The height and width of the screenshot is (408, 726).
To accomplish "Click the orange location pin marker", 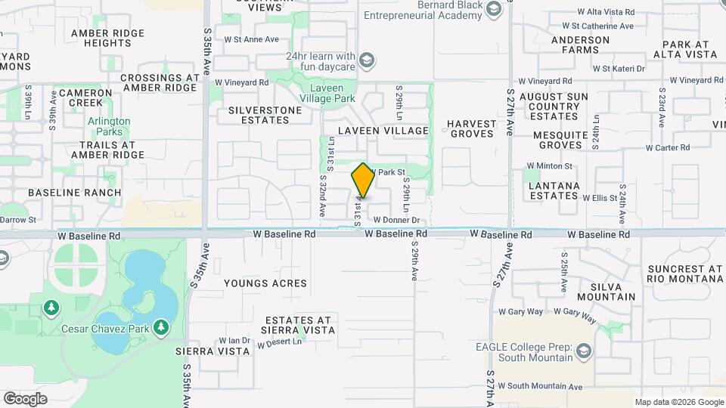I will (x=363, y=180).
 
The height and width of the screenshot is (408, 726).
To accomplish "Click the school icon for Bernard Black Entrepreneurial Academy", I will (x=495, y=10).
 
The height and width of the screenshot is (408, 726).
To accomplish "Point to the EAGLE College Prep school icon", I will (x=583, y=351).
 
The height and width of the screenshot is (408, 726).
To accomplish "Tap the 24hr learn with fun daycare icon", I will (x=366, y=60).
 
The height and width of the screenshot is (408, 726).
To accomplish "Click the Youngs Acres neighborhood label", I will (x=265, y=283).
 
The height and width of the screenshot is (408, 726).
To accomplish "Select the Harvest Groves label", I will (x=472, y=128).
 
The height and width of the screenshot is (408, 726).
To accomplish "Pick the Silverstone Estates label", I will (x=265, y=115).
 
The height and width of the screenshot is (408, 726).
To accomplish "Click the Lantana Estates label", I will (x=554, y=190).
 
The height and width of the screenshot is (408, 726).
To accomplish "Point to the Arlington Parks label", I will (x=109, y=127).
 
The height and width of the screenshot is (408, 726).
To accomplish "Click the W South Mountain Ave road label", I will (x=540, y=386).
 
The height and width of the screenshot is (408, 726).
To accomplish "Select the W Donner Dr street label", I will (x=396, y=221).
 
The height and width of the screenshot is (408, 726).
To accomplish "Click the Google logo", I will (x=25, y=398).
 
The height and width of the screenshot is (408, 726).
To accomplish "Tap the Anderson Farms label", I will (x=580, y=45).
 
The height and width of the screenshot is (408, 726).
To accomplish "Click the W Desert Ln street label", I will (x=279, y=343).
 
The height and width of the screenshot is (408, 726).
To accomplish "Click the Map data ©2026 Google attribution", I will (x=678, y=402).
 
